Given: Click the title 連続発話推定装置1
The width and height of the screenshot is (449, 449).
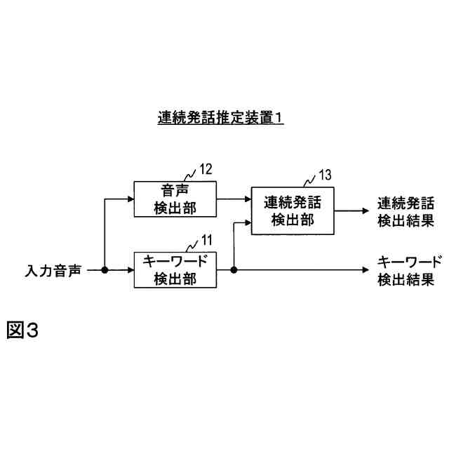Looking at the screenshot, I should click(220, 119).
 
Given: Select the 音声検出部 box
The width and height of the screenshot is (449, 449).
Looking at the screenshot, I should click(175, 199).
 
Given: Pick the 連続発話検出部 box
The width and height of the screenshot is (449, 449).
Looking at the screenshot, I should click(293, 211).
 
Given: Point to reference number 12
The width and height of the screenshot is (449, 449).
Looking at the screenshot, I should click(205, 168).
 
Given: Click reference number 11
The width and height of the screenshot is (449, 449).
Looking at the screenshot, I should click(206, 241).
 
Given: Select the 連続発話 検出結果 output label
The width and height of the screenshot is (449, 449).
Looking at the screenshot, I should click(405, 211).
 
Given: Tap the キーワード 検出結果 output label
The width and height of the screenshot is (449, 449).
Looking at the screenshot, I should click(410, 270).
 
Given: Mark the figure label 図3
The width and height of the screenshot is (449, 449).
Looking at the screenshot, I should click(22, 330).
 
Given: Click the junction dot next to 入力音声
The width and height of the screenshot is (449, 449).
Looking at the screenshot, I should click(105, 270).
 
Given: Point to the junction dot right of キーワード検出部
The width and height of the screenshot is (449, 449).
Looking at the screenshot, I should click(233, 270).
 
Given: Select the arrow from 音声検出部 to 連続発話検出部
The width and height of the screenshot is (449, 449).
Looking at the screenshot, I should click(234, 199).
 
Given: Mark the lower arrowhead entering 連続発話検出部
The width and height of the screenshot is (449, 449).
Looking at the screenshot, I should click(247, 223).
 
